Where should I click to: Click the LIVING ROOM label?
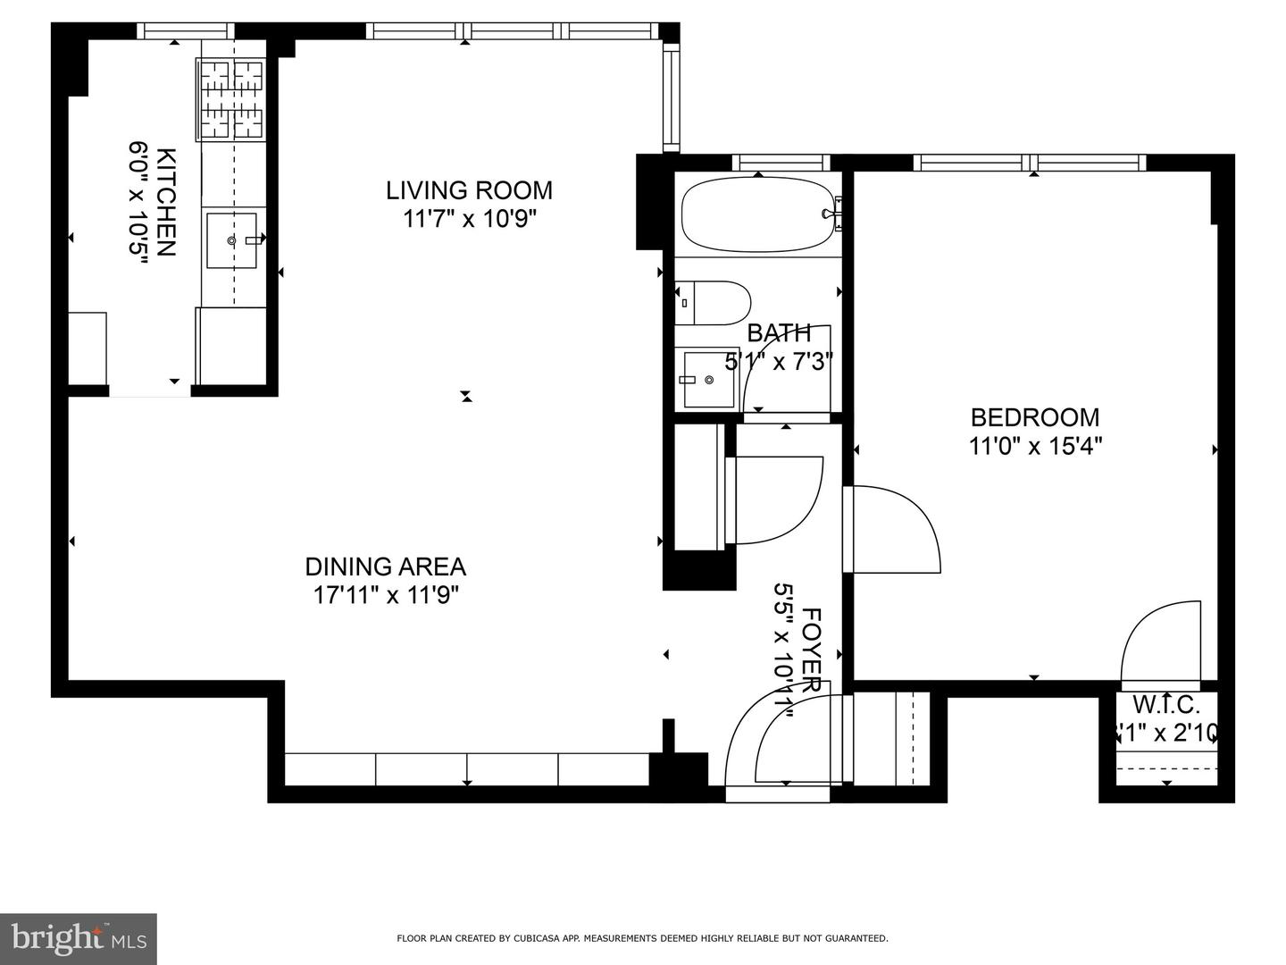[x=469, y=190]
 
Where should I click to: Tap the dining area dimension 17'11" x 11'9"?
[x=386, y=595]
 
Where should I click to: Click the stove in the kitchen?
[x=231, y=99]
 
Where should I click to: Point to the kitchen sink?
[x=231, y=240]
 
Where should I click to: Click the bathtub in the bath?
[x=758, y=215]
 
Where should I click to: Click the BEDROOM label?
[x=1035, y=417]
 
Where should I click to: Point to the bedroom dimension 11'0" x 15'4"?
[x=1036, y=445]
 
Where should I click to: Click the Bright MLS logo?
[x=78, y=937]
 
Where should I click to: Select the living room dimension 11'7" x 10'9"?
[x=469, y=219]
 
